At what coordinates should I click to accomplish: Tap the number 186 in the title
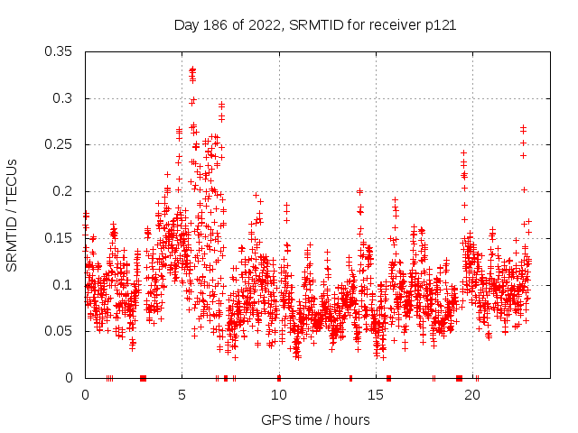point(214,25)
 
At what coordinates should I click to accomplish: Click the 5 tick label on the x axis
point(182,395)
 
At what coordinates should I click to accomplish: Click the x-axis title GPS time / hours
point(315,419)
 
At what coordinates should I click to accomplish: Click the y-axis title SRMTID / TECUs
point(13,215)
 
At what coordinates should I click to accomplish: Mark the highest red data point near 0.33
point(192,69)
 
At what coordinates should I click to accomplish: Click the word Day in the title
point(186,25)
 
